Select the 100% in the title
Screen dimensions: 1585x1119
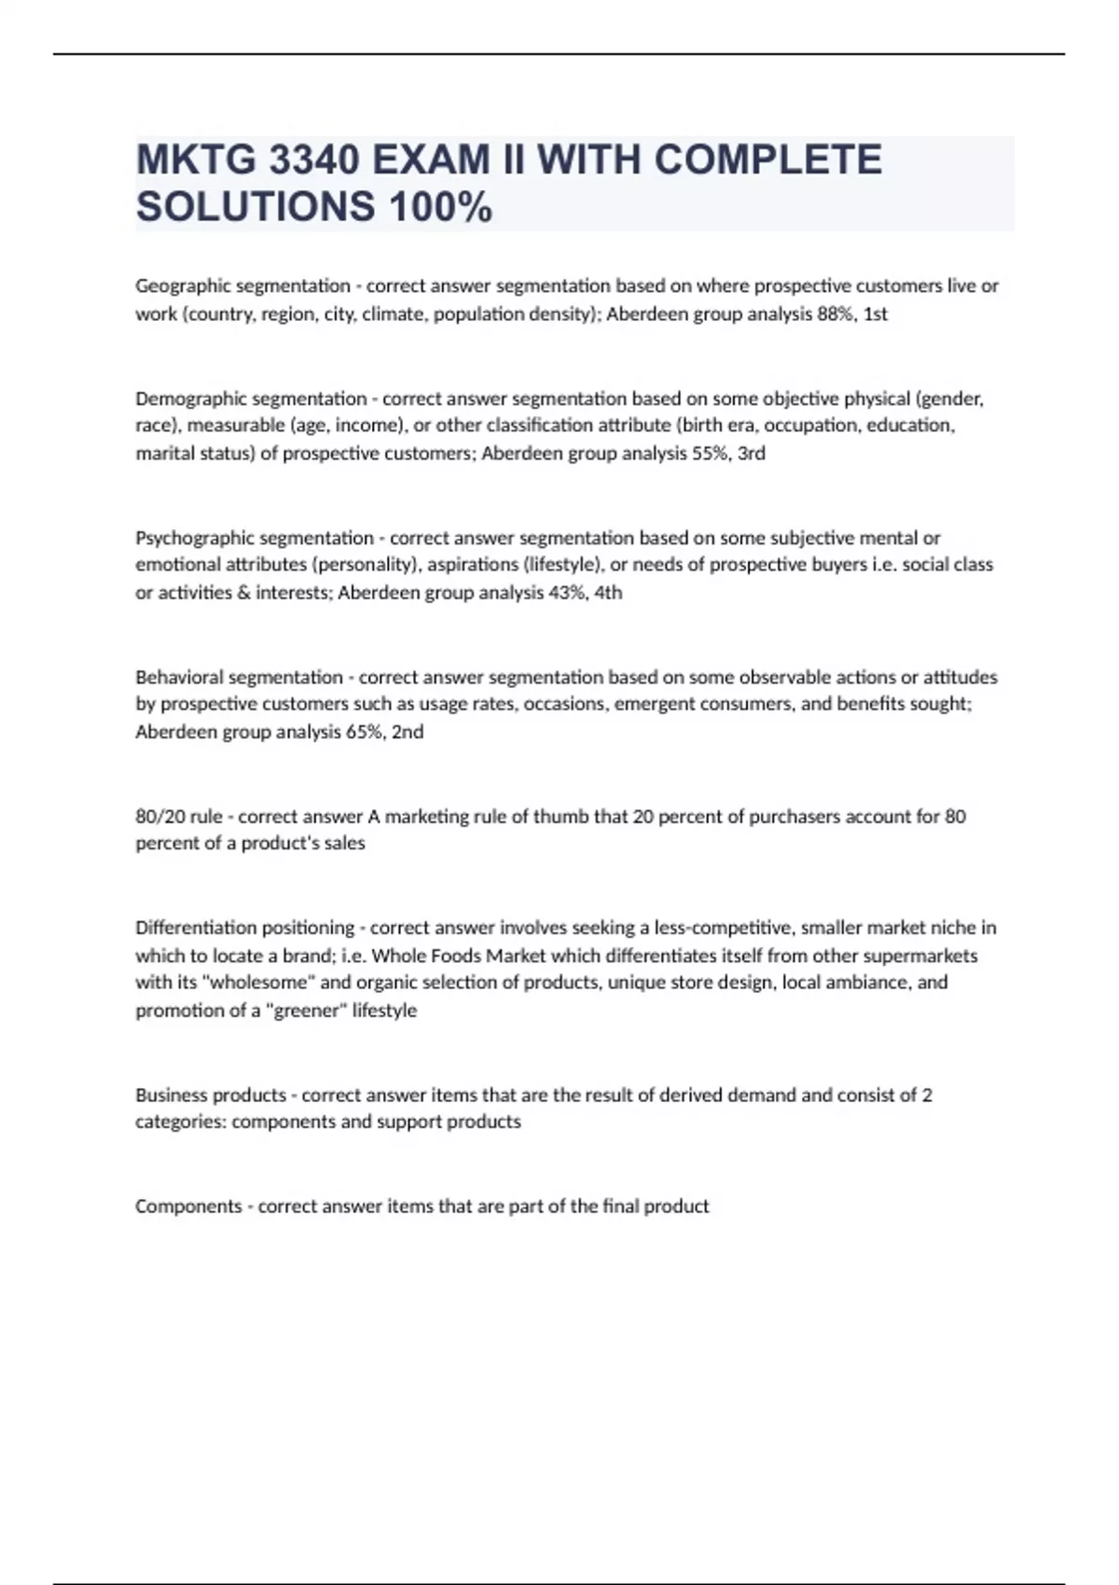(440, 207)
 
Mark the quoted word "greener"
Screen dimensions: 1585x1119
(306, 1011)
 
